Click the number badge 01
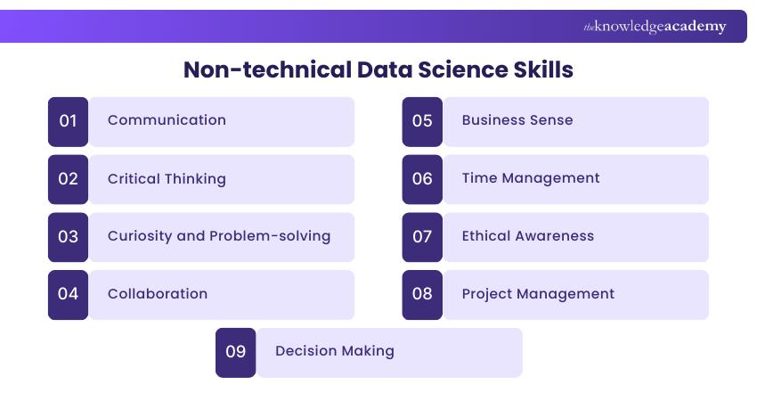(x=69, y=121)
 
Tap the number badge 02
(x=69, y=179)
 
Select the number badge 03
(x=69, y=237)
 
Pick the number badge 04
(x=69, y=294)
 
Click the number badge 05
(x=422, y=121)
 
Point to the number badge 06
(x=422, y=179)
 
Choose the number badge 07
(x=422, y=237)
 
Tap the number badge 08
(x=422, y=294)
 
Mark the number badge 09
(x=236, y=352)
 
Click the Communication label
(x=167, y=120)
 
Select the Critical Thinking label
(x=167, y=178)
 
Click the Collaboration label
(x=158, y=294)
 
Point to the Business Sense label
(x=517, y=120)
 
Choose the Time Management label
(x=531, y=178)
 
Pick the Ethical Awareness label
(x=528, y=236)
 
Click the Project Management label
(x=538, y=294)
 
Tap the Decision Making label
(x=335, y=351)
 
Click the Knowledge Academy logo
(x=655, y=27)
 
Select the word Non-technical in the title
(x=266, y=70)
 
